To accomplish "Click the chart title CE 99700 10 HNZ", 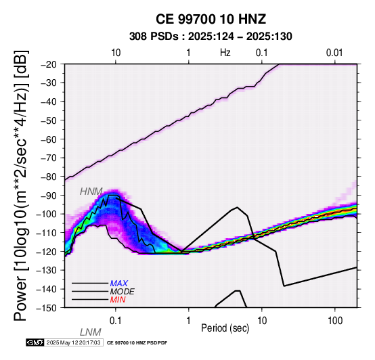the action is tap(211, 19).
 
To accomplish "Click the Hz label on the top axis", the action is tap(225, 53).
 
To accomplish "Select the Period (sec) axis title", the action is tap(225, 328).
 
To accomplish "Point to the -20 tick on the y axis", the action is tap(49, 64).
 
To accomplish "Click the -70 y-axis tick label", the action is tap(49, 158).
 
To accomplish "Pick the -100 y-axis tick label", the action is tap(47, 215).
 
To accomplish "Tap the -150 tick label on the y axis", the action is tap(47, 308).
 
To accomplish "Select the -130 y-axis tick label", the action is tap(47, 271).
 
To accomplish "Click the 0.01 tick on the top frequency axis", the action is tap(334, 53).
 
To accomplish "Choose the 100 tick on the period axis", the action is tap(335, 321).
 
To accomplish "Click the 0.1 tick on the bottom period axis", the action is tap(116, 321).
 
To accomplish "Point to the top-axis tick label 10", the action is tap(116, 53).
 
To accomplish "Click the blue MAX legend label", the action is tap(119, 284).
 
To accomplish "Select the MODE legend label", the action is tap(123, 292).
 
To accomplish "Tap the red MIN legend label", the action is tap(118, 300).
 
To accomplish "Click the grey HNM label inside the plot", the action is tap(91, 192).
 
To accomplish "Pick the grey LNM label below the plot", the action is tap(91, 332).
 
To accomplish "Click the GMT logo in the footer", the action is tap(35, 343).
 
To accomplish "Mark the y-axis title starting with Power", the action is tap(21, 185).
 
